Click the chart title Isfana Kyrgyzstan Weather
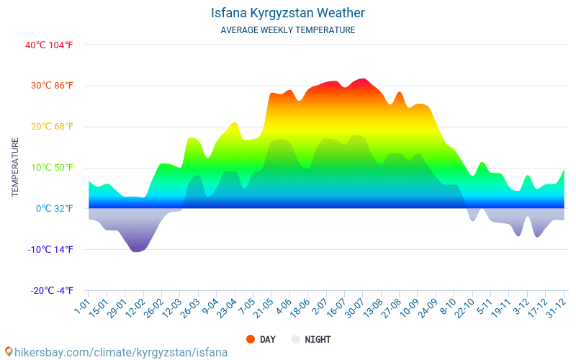288,13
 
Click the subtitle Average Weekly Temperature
288,30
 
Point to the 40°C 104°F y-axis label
50,45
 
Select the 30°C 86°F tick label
52,86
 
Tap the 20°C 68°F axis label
52,127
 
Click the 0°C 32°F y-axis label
55,209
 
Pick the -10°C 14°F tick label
51,250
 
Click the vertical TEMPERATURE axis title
15,168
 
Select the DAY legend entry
267,339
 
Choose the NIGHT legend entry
318,339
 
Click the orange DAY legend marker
251,339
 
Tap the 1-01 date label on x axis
81,309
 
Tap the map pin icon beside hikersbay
8,352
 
